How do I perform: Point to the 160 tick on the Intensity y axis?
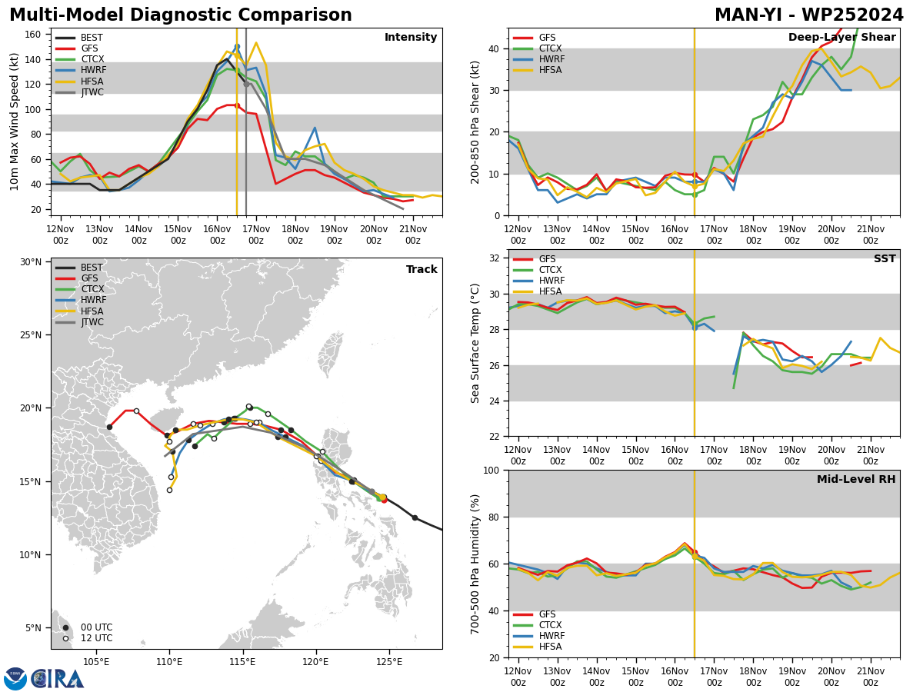(x=32, y=35)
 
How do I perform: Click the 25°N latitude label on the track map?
(x=31, y=335)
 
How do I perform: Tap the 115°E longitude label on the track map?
(x=242, y=662)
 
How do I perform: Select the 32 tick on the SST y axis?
(x=495, y=258)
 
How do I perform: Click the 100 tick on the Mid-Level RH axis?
(x=491, y=470)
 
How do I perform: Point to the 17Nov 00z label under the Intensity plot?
(x=256, y=235)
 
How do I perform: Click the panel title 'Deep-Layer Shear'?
(x=841, y=37)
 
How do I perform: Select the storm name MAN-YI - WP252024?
(x=808, y=15)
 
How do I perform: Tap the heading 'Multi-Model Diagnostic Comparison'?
(x=181, y=15)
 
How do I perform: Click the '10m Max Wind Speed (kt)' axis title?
(x=14, y=121)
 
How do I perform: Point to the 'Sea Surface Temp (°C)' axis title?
(x=475, y=343)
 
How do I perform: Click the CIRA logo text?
(x=58, y=678)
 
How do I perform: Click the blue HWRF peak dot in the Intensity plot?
(x=237, y=47)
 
